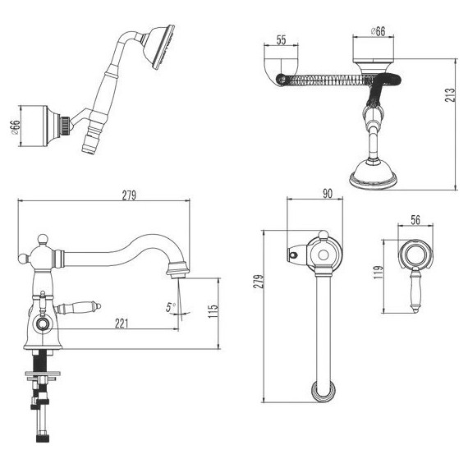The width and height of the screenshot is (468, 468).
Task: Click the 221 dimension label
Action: tap(122, 323)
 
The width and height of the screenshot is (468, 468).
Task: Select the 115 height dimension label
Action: tap(213, 311)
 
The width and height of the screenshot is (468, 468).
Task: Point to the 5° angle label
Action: tap(171, 307)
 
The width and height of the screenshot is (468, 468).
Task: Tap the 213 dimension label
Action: tap(450, 95)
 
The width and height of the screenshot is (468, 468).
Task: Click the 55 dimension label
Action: tap(281, 40)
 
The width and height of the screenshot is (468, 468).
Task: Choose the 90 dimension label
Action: tap(328, 194)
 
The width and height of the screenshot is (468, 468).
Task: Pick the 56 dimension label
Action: tap(415, 220)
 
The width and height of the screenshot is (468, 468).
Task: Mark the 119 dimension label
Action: tap(379, 273)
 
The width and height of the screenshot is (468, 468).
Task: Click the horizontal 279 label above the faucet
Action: tap(129, 195)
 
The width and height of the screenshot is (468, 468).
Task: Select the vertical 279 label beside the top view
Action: tap(259, 281)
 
